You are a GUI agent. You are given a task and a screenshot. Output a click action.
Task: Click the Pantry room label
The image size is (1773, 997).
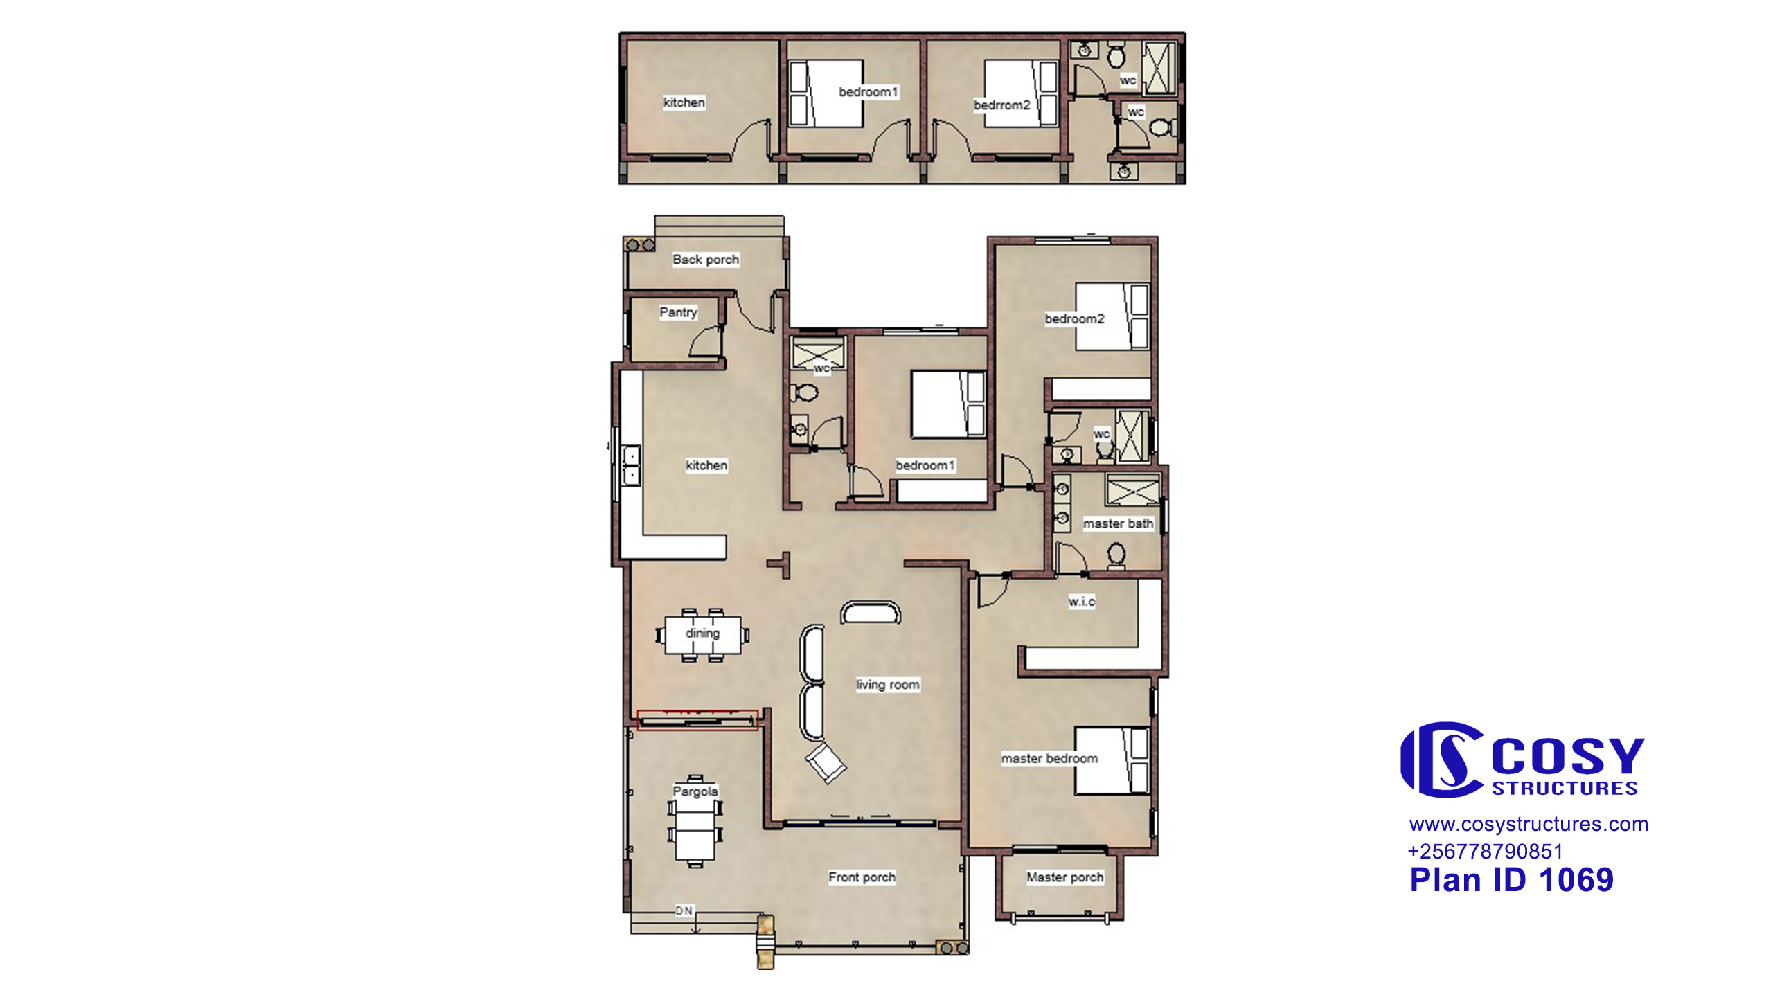pyautogui.click(x=678, y=312)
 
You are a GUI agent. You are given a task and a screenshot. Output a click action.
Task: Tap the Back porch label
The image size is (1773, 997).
pyautogui.click(x=706, y=260)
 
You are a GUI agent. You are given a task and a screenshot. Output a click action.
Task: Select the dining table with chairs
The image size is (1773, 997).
pyautogui.click(x=702, y=635)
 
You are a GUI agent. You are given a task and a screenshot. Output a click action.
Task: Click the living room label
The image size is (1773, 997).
pyautogui.click(x=888, y=685)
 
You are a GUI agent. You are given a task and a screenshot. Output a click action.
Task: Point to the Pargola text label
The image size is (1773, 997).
pyautogui.click(x=695, y=791)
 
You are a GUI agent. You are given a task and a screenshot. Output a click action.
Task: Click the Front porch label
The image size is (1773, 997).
pyautogui.click(x=862, y=877)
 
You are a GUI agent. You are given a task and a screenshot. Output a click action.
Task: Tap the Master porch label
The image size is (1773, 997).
pyautogui.click(x=1065, y=877)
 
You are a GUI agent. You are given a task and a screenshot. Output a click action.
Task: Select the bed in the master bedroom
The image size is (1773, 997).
pyautogui.click(x=1112, y=760)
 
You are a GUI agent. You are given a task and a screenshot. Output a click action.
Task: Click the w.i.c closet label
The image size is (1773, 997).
pyautogui.click(x=1082, y=601)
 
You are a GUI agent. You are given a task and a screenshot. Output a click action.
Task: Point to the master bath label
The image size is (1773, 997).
pyautogui.click(x=1118, y=523)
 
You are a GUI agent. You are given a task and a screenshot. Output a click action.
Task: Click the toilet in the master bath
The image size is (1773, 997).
pyautogui.click(x=1116, y=556)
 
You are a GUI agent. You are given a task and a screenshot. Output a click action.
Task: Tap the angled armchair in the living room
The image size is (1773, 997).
pyautogui.click(x=826, y=762)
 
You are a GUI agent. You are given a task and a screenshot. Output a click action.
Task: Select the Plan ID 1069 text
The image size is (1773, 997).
pyautogui.click(x=1512, y=880)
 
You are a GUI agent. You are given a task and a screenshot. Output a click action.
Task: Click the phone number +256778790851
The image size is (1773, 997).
pyautogui.click(x=1486, y=851)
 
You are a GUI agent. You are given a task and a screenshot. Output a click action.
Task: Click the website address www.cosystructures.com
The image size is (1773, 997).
pyautogui.click(x=1529, y=824)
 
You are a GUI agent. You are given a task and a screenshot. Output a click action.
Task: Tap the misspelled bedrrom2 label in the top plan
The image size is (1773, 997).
pyautogui.click(x=1002, y=105)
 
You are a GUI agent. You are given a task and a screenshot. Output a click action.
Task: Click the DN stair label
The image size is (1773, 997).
pyautogui.click(x=684, y=910)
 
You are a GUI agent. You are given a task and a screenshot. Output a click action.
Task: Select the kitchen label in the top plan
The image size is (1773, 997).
pyautogui.click(x=684, y=102)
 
